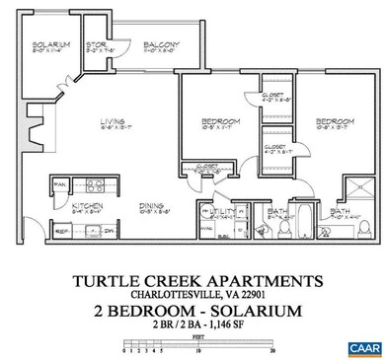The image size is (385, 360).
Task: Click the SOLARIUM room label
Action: click(48, 46)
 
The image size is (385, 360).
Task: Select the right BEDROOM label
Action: click(329, 121)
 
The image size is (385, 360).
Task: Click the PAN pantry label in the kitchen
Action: click(58, 184)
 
